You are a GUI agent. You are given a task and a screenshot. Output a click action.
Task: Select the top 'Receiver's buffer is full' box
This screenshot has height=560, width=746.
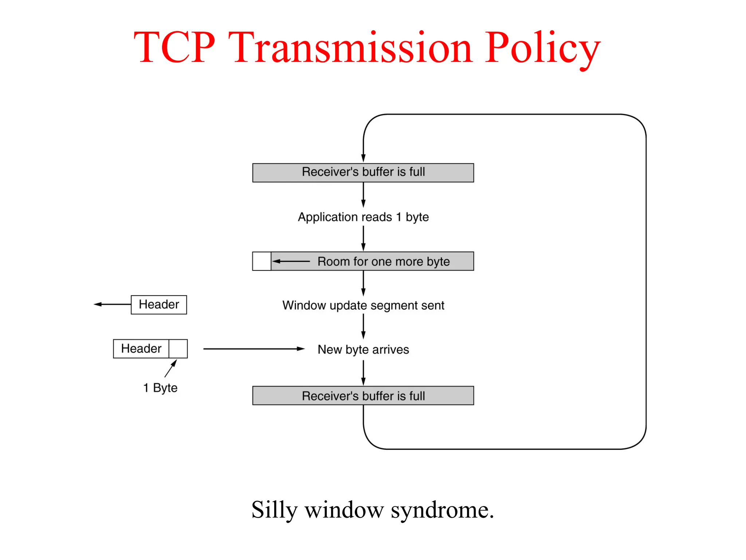(x=363, y=172)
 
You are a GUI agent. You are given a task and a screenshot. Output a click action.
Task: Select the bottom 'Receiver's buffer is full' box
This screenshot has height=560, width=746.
(x=363, y=396)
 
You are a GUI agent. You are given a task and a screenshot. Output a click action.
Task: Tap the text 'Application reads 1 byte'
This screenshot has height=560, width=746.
(x=363, y=217)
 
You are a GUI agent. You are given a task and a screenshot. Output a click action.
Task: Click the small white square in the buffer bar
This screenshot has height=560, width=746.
(x=262, y=261)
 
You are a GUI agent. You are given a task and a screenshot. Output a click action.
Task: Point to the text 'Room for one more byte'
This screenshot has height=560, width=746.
(x=383, y=261)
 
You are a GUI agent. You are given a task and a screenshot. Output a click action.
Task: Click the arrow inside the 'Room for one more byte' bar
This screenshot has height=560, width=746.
(x=291, y=261)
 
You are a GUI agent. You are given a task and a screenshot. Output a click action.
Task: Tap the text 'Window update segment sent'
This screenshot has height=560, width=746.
(x=363, y=305)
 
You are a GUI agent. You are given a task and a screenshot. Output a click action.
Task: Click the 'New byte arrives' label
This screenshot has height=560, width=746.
(x=363, y=349)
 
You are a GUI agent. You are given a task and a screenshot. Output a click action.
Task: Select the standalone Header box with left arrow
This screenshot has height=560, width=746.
(x=159, y=304)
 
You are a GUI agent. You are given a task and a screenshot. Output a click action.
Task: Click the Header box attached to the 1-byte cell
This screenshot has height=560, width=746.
(x=141, y=349)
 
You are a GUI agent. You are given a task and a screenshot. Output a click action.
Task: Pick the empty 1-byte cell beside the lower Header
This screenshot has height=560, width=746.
(x=178, y=349)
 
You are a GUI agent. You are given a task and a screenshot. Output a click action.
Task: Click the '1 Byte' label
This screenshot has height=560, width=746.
(x=160, y=388)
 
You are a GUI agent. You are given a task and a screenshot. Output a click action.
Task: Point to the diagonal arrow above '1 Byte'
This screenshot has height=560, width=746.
(x=170, y=368)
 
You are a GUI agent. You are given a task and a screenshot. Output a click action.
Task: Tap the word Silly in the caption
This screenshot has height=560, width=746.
(x=274, y=510)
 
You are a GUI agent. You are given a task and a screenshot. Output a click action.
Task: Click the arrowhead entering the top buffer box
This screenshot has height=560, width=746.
(x=363, y=158)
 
